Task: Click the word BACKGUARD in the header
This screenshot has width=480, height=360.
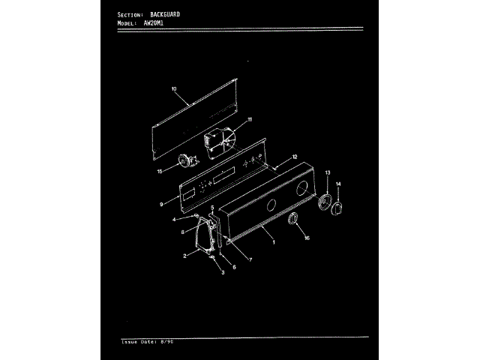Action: tap(164, 15)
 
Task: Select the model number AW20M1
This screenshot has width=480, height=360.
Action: tap(154, 23)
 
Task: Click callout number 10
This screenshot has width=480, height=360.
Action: tap(173, 89)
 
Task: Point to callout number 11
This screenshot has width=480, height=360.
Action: tap(250, 120)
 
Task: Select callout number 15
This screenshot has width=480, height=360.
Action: tap(159, 172)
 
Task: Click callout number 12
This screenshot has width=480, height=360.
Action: tap(295, 157)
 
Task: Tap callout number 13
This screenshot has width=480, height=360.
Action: tap(328, 173)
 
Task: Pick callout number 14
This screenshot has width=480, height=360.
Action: tap(338, 184)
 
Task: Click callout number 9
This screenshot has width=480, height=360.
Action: tap(161, 204)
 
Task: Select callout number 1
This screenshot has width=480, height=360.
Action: tap(273, 242)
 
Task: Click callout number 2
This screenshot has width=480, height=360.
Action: tap(184, 256)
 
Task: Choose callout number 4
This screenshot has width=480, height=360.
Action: tap(174, 220)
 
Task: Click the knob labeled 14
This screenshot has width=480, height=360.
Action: tap(337, 207)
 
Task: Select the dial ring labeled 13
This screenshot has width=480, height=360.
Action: tap(325, 203)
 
